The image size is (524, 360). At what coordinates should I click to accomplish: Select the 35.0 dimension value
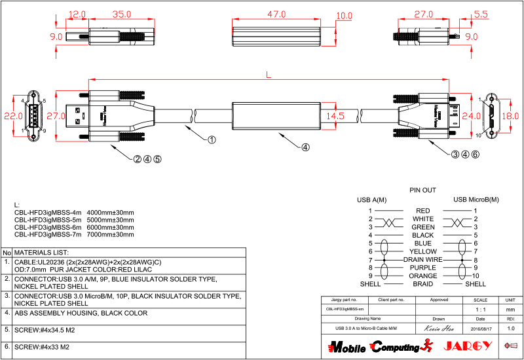[x=121, y=13]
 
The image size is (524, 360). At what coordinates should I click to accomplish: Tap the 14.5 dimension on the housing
[x=335, y=116]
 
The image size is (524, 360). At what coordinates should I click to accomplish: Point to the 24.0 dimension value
[x=466, y=116]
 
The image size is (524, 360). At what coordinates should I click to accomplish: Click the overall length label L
[x=269, y=75]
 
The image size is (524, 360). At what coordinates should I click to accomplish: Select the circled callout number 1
[x=212, y=139]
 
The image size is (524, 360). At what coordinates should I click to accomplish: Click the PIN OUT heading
[x=422, y=190]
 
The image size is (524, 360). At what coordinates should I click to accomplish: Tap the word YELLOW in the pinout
[x=422, y=251]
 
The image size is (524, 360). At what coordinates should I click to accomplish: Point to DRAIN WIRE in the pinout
[x=422, y=260]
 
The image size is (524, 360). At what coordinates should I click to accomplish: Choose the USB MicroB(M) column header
[x=476, y=200]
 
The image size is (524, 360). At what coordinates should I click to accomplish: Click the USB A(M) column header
[x=371, y=200]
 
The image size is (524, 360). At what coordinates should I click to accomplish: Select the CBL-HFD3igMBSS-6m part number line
[x=74, y=227]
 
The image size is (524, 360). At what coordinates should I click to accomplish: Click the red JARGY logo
[x=463, y=346]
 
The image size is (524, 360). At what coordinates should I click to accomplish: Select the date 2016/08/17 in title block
[x=481, y=328]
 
